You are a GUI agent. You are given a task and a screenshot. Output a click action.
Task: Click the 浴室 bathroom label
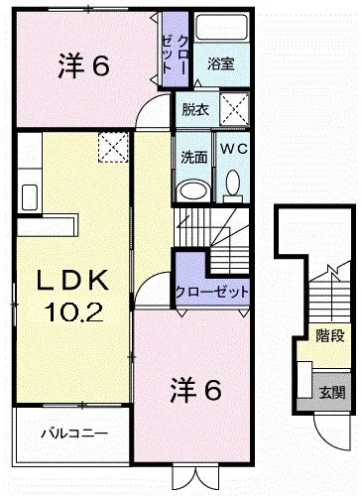[221, 63]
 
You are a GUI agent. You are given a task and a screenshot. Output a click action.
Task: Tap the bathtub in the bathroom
[222, 27]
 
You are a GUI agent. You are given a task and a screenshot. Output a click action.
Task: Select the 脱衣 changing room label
[195, 110]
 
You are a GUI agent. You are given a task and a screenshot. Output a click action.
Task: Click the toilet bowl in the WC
[234, 182]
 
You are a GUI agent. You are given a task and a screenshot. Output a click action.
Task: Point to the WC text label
[234, 149]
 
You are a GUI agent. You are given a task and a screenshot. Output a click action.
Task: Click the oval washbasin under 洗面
[193, 190]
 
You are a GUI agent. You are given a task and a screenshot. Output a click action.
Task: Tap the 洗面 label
[194, 158]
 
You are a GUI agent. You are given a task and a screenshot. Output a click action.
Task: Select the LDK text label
[72, 280]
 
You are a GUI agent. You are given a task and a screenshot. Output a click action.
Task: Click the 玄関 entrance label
[332, 393]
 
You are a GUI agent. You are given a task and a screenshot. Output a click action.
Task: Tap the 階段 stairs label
[330, 336]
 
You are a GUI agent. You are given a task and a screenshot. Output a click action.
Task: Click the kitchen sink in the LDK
[30, 197]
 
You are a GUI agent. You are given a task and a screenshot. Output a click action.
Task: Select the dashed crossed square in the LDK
[113, 148]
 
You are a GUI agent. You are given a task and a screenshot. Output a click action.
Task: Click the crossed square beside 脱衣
[234, 109]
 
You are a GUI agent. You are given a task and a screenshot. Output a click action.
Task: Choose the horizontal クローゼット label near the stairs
[212, 293]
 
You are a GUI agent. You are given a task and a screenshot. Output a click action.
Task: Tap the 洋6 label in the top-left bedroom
[83, 67]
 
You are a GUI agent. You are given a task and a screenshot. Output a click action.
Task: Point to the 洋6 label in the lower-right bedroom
[195, 391]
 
